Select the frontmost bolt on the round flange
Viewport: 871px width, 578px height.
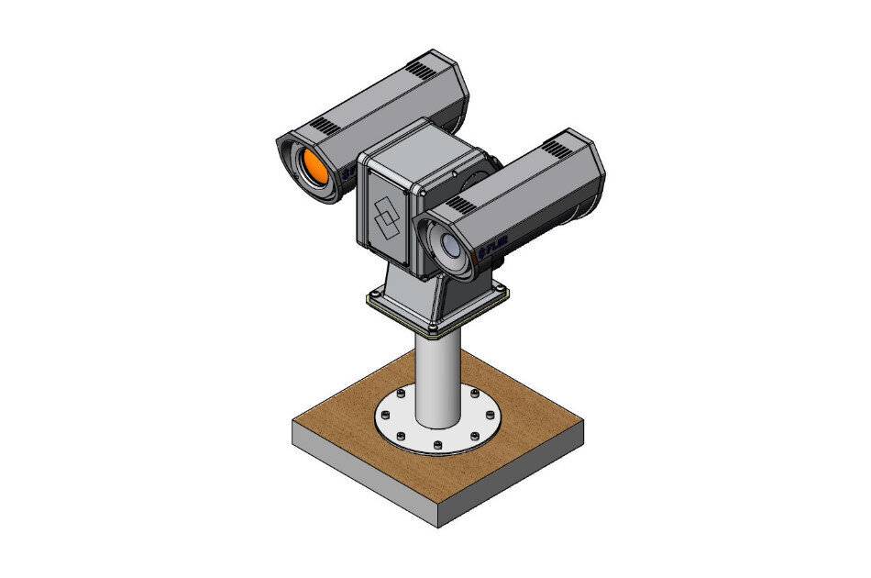[x=437, y=445]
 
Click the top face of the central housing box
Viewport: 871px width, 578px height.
[x=413, y=144]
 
